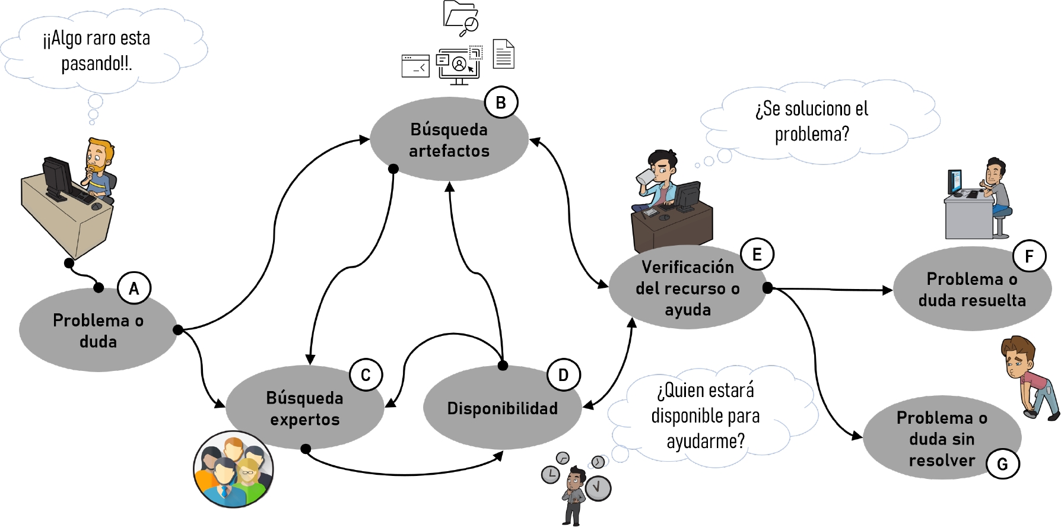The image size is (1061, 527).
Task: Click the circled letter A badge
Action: coord(134,288)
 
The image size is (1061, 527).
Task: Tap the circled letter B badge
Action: coord(501,103)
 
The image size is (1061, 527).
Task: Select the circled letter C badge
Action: coord(366,374)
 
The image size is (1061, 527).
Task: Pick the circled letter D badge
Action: coord(563,374)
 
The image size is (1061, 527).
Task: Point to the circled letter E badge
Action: coord(757,254)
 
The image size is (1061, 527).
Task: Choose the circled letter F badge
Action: coord(1029,256)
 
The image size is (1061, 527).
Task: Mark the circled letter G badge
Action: coord(1002,463)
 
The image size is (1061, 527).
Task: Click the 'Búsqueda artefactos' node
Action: coord(449,140)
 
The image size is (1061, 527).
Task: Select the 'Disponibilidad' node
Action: coord(502,408)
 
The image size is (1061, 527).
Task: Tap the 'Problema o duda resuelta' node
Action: coord(971,290)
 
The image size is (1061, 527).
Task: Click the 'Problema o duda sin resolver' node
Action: coord(942,439)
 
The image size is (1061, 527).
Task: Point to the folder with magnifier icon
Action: coord(461,17)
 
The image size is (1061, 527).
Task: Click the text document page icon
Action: coord(503,54)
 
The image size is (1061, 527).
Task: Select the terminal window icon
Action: coord(415,66)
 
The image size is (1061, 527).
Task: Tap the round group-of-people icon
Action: coord(233,469)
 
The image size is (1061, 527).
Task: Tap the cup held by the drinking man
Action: coord(643,177)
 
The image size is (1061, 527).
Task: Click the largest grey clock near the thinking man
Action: coord(598,488)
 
